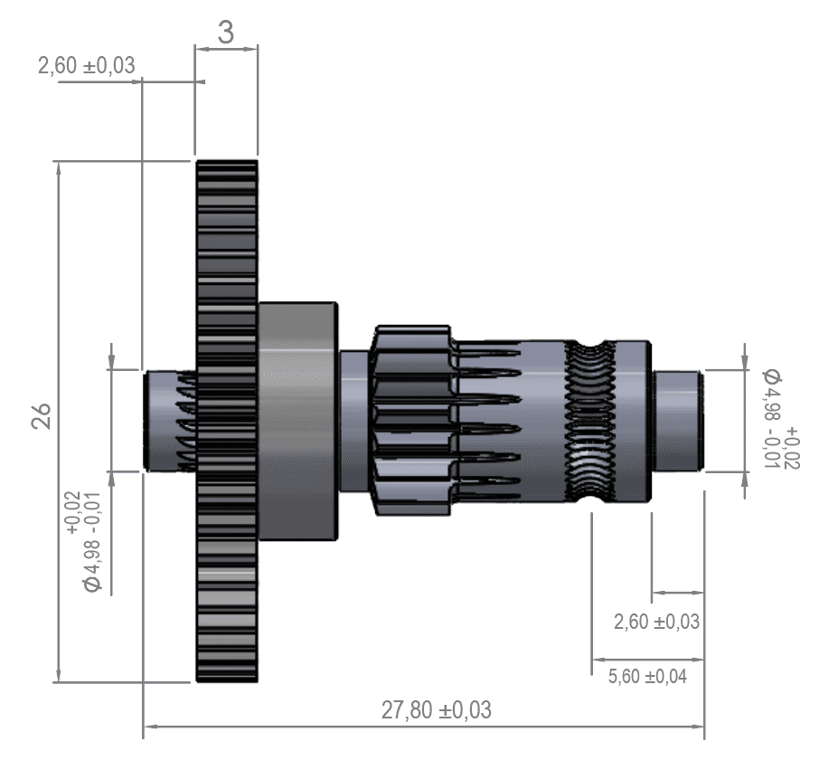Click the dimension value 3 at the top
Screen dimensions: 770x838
pos(226,32)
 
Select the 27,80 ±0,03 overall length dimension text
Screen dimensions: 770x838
pos(436,710)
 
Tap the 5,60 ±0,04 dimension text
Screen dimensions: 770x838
pos(648,676)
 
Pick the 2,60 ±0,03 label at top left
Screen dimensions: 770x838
pos(86,65)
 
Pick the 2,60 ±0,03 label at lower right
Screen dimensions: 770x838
pos(656,622)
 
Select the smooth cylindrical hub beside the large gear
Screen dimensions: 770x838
pos(297,421)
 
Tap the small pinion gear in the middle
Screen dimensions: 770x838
pos(411,421)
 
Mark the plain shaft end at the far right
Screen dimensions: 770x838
pos(677,420)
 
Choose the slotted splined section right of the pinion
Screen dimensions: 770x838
pos(506,421)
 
